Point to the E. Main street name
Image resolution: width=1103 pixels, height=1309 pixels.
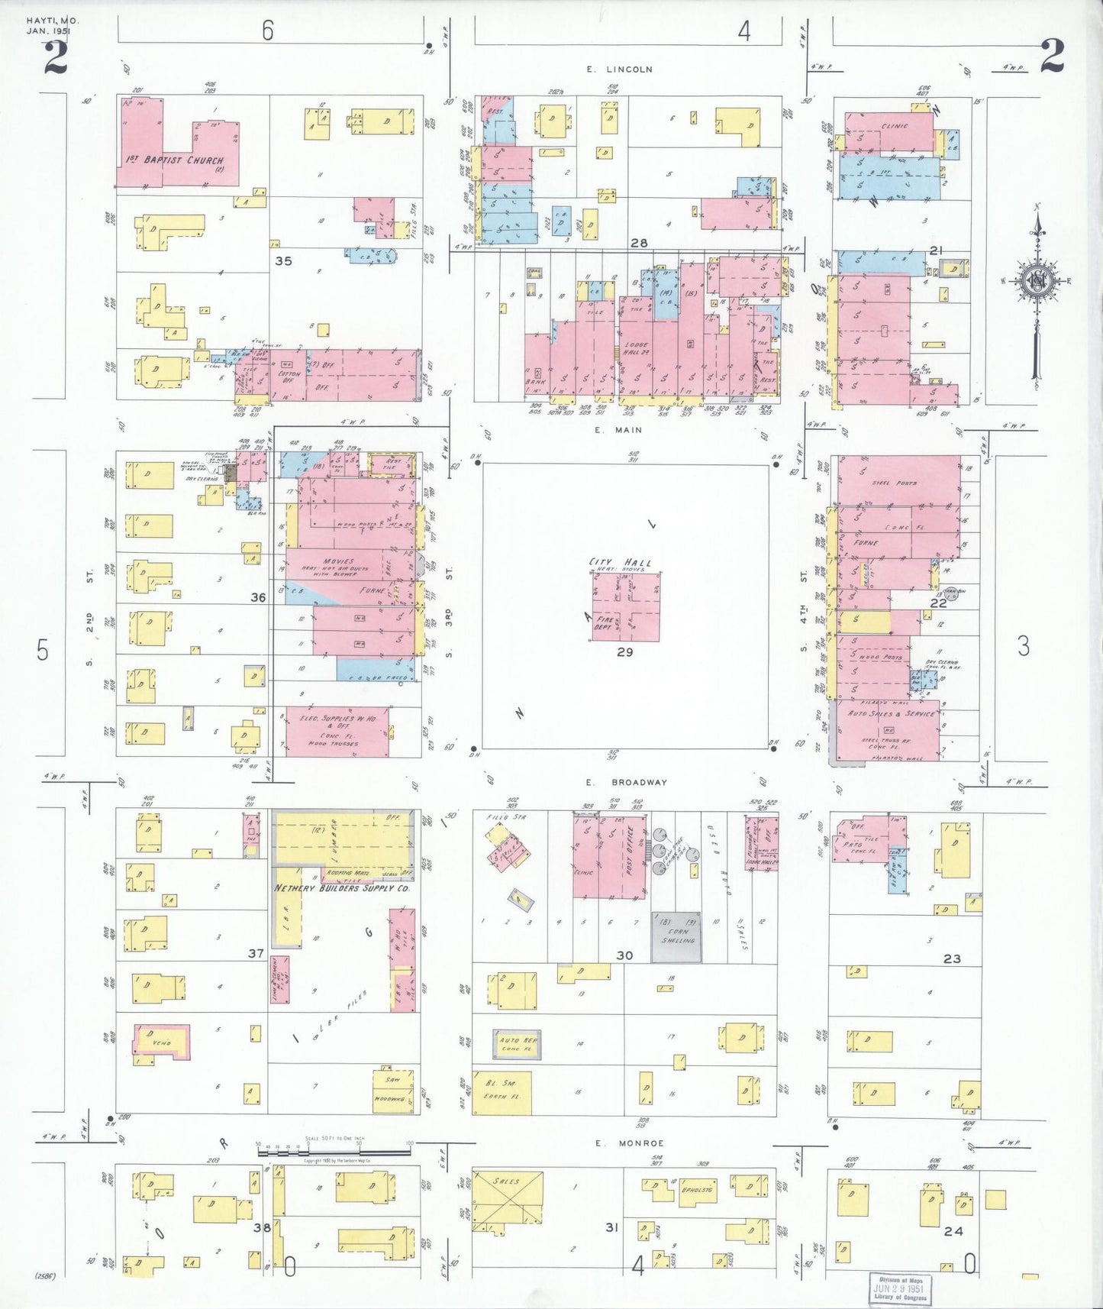[x=618, y=430]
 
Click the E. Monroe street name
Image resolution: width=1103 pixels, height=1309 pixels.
[x=630, y=1143]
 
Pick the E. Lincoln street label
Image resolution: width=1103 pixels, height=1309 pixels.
[x=619, y=69]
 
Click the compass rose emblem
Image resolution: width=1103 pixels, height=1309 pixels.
[x=1037, y=280]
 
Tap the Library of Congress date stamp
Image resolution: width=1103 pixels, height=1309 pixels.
[x=901, y=1287]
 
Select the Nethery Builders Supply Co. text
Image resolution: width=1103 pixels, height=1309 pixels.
[x=342, y=889]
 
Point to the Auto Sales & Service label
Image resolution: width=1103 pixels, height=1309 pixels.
[x=891, y=713]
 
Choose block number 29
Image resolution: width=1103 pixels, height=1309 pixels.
[x=624, y=652]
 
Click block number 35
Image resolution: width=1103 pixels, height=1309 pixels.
[x=283, y=260]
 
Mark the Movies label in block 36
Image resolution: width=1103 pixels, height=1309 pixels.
[x=338, y=561]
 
